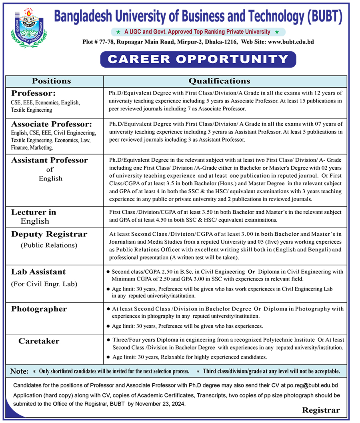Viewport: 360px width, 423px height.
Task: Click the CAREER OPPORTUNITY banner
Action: click(x=198, y=60)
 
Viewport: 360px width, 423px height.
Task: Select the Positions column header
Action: click(x=51, y=81)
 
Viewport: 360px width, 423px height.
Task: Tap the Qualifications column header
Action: click(x=219, y=81)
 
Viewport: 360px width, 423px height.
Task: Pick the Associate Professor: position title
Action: click(x=52, y=124)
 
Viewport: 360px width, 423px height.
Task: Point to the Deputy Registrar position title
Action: click(x=49, y=234)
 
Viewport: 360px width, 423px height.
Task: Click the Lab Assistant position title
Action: click(x=38, y=272)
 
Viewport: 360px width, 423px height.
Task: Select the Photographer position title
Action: click(x=39, y=309)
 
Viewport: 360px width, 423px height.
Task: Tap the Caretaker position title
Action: click(x=39, y=341)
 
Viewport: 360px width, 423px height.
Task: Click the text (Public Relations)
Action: click(x=49, y=245)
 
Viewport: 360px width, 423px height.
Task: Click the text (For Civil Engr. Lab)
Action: click(x=44, y=284)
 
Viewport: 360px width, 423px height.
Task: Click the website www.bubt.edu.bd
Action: click(x=291, y=42)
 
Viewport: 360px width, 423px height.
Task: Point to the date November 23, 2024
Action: click(x=162, y=404)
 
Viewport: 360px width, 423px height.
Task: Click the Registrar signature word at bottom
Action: click(x=321, y=411)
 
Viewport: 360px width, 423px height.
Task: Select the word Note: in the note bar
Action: click(x=19, y=371)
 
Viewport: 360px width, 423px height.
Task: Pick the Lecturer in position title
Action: click(x=34, y=212)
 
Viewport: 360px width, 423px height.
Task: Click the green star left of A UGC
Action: click(x=118, y=32)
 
